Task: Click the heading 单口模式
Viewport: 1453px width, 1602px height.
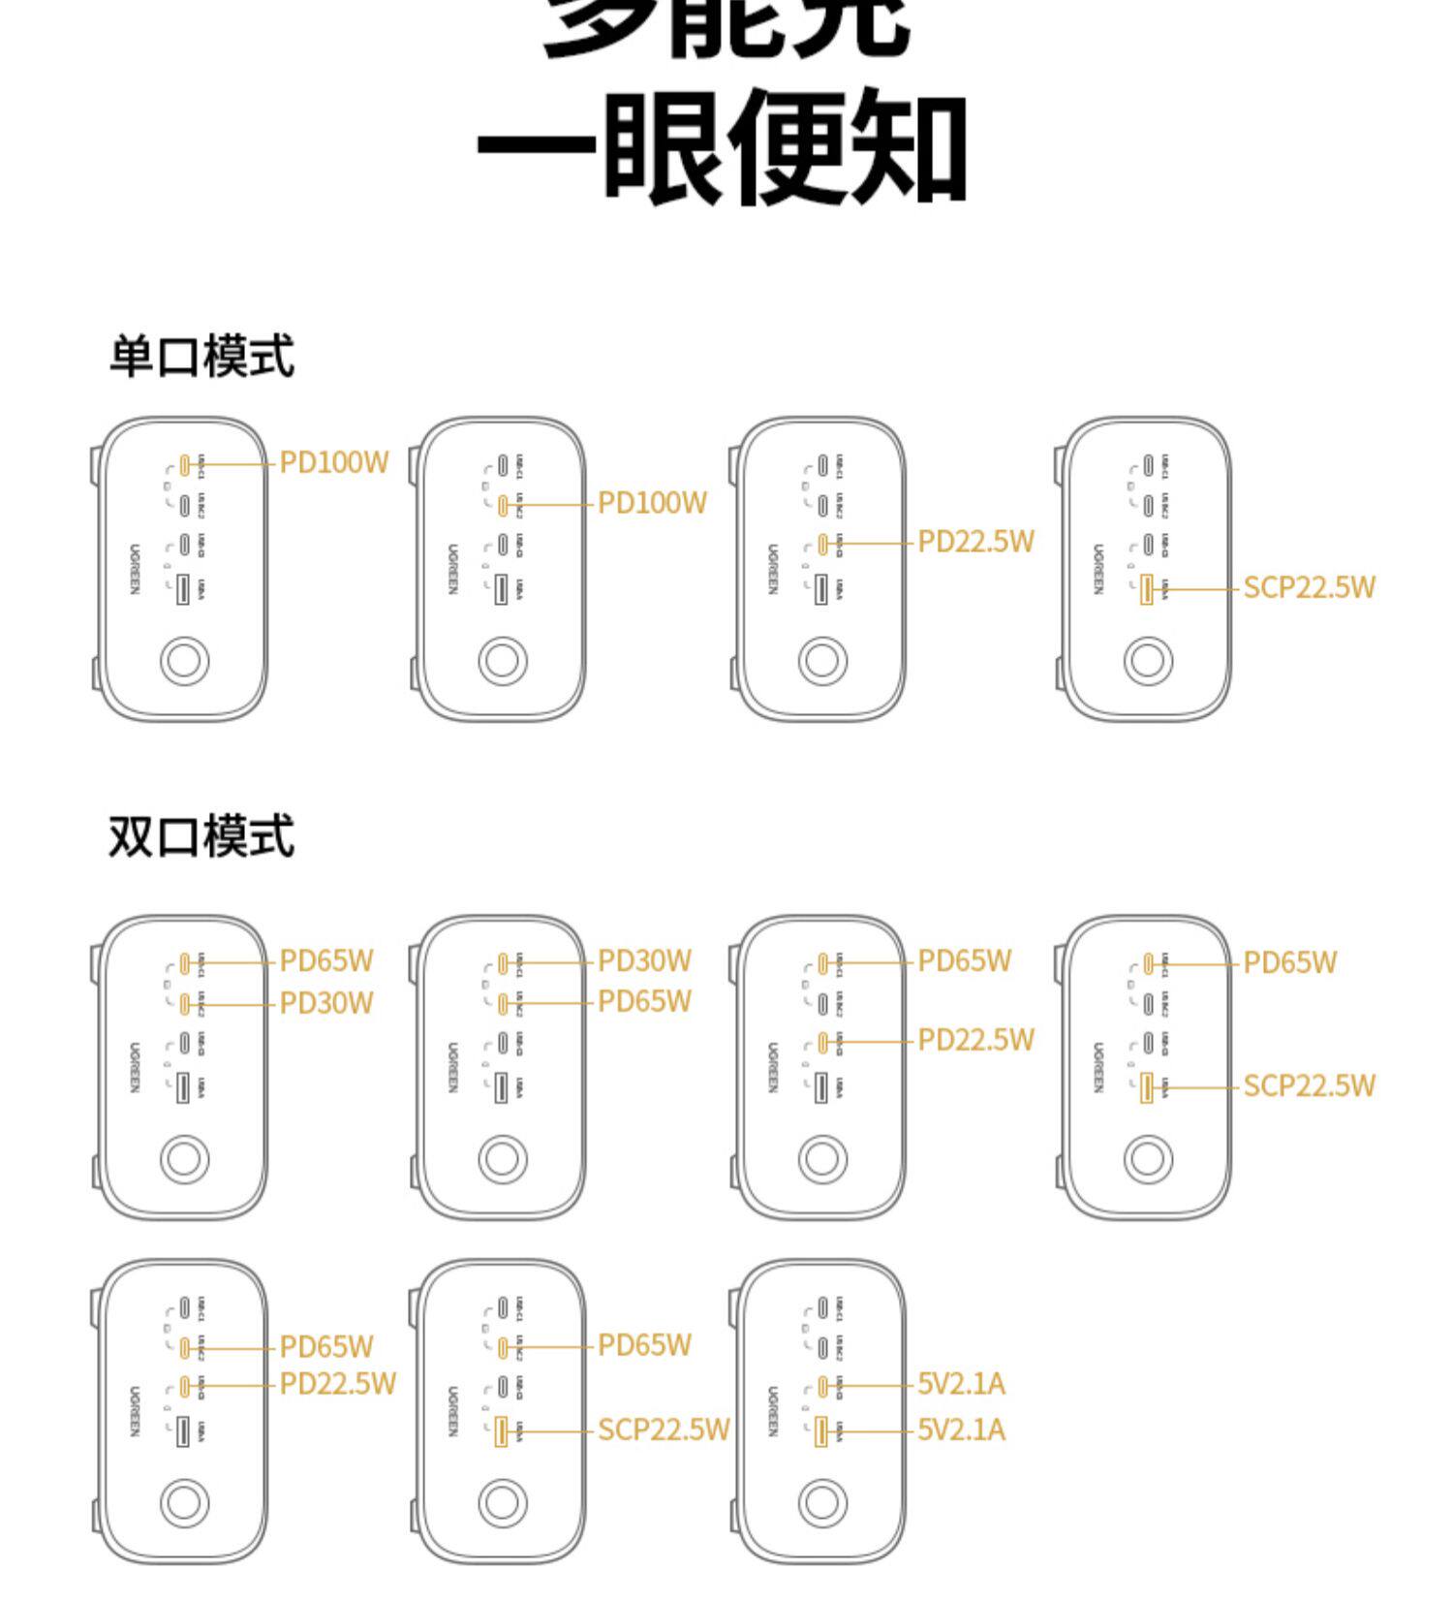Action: [201, 356]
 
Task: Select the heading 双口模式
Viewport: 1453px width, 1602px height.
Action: [201, 836]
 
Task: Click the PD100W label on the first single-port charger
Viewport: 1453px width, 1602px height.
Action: [334, 462]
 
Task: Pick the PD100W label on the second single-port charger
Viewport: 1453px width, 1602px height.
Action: [652, 503]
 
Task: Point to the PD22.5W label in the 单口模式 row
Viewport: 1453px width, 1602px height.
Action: [975, 542]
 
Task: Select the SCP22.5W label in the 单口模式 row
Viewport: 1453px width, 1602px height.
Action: [1309, 587]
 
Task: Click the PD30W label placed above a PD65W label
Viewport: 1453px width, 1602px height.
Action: [644, 960]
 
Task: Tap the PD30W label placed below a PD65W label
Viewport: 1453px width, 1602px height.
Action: [326, 1003]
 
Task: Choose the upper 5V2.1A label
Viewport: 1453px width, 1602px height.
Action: [961, 1384]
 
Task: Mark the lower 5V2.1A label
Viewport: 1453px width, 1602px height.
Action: [961, 1429]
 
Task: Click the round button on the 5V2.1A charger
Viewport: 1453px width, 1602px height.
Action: [822, 1503]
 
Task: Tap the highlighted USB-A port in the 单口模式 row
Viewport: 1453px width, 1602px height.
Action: [1147, 589]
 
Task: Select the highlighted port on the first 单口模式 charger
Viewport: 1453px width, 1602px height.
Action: [184, 465]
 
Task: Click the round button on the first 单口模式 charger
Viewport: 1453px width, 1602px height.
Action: [184, 661]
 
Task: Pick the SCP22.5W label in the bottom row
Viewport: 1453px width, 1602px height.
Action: [663, 1429]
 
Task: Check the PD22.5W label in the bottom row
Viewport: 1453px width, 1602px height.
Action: [337, 1384]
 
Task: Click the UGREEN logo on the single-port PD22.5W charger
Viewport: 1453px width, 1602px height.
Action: [773, 569]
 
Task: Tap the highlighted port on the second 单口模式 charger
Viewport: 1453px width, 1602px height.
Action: [503, 505]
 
